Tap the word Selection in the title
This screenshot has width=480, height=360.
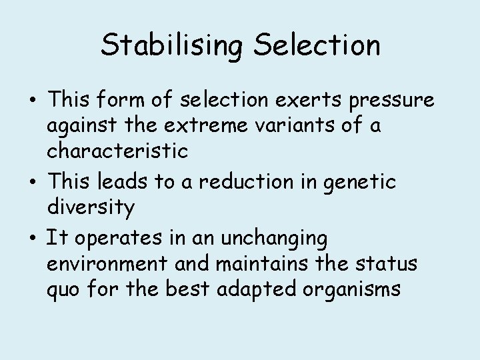pos(319,46)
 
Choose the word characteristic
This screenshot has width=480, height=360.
pos(117,150)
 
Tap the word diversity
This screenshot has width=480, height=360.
pos(91,208)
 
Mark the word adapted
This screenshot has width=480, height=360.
pos(253,290)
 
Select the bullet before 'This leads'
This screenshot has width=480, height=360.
pos(33,182)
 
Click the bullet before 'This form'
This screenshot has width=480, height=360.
pos(33,101)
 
